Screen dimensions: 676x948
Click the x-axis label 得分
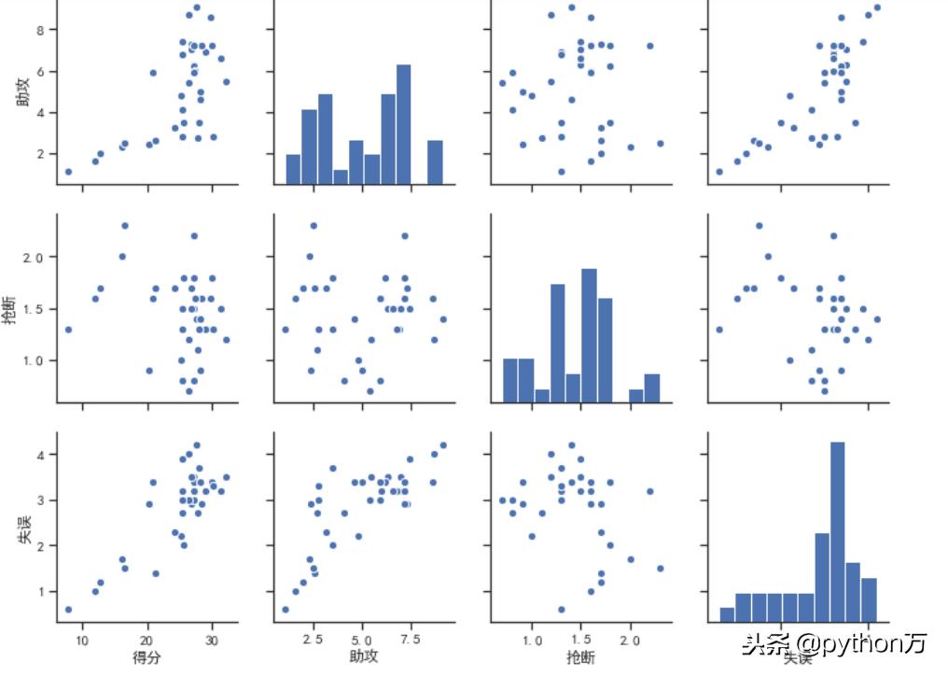coord(146,657)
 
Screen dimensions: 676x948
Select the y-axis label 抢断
coord(22,309)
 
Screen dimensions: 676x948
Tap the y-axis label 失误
coord(22,528)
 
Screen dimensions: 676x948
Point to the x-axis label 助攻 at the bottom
coord(364,657)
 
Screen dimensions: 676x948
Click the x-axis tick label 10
coord(82,640)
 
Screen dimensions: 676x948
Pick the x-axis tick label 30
coord(212,640)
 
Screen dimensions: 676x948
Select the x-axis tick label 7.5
coord(410,640)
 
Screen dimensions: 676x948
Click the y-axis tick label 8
coord(41,30)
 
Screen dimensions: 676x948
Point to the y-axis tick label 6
coord(41,71)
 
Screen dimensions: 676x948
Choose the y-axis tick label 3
coord(41,500)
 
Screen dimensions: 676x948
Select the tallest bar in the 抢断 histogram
coord(589,336)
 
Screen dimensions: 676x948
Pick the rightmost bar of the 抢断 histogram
coord(651,388)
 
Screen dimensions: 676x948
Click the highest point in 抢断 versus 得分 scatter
coord(124,225)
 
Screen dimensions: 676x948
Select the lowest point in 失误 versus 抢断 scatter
coord(561,610)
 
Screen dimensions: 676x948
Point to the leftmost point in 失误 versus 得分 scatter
coord(68,610)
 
